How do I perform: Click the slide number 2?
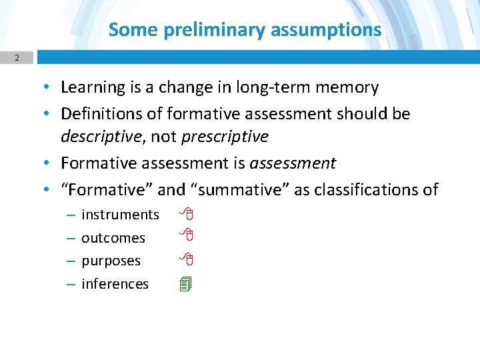17,58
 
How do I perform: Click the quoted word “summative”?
239,190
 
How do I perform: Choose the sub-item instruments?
120,215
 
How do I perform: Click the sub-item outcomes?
113,238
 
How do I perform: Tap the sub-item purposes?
111,261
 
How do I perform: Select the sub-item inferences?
115,284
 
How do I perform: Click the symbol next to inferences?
186,284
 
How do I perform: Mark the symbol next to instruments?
188,215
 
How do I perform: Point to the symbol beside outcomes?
188,235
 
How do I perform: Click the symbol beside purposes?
188,258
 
